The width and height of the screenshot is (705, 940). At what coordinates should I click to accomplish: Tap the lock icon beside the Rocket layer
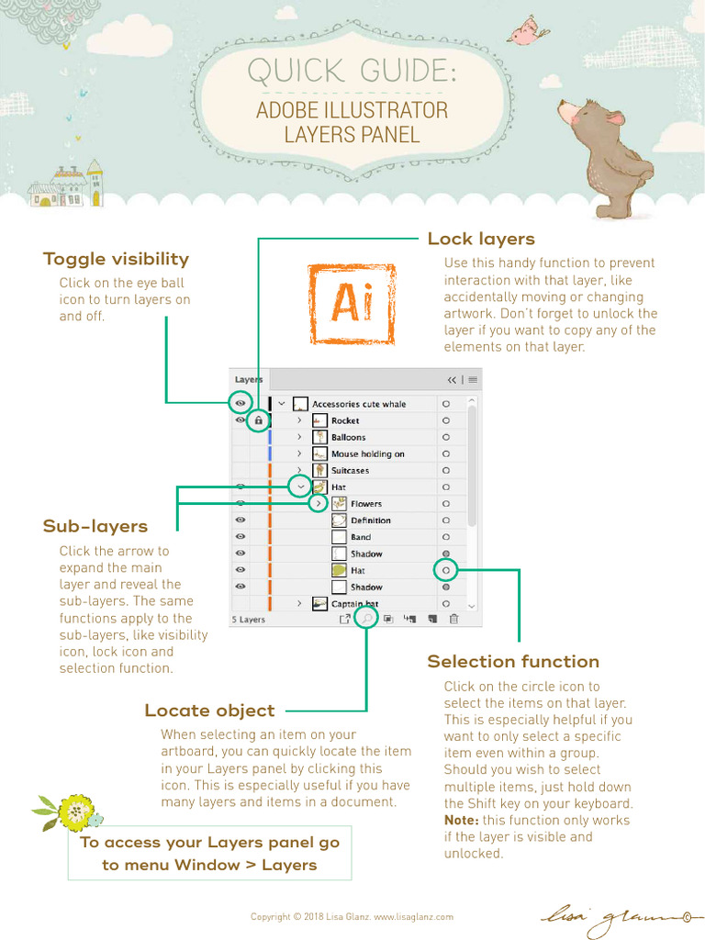pyautogui.click(x=259, y=420)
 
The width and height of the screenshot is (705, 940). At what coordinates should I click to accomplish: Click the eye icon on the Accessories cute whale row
pyautogui.click(x=240, y=403)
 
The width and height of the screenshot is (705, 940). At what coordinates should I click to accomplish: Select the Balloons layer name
pyautogui.click(x=348, y=438)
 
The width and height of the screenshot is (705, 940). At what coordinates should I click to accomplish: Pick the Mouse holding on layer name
pyautogui.click(x=367, y=454)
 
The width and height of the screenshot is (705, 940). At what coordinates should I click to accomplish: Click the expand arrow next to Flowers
pyautogui.click(x=318, y=504)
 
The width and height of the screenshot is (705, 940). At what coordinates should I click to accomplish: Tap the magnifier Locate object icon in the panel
pyautogui.click(x=366, y=619)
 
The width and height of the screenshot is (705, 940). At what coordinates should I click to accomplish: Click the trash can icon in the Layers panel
pyautogui.click(x=453, y=620)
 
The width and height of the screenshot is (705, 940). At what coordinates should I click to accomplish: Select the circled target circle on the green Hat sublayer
pyautogui.click(x=446, y=571)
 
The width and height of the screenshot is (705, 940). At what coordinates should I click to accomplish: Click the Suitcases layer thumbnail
pyautogui.click(x=319, y=471)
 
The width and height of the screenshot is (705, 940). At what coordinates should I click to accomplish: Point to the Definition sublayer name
pyautogui.click(x=370, y=520)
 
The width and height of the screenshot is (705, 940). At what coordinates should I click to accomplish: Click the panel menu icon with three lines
pyautogui.click(x=473, y=379)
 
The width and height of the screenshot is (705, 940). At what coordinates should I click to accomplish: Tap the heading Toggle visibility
pyautogui.click(x=116, y=259)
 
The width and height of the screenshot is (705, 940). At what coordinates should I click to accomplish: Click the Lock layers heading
pyautogui.click(x=481, y=239)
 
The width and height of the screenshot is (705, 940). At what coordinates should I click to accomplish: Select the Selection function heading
pyautogui.click(x=512, y=661)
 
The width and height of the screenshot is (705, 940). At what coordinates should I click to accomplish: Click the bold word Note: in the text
pyautogui.click(x=461, y=820)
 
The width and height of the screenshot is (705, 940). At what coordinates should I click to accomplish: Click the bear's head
pyautogui.click(x=584, y=120)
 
